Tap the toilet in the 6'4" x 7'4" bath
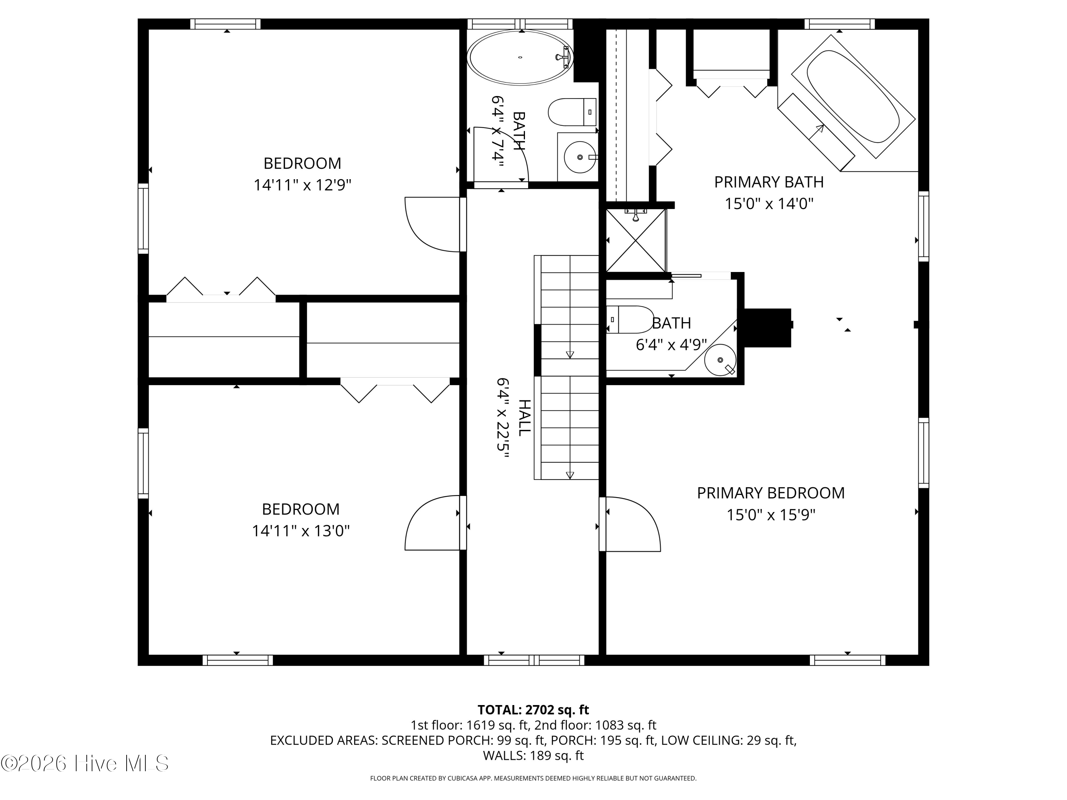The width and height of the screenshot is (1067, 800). tap(572, 112)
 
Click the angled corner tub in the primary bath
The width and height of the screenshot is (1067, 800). tap(853, 96)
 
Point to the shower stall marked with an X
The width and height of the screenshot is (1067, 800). tap(636, 240)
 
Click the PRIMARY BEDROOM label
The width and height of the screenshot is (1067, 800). tap(770, 493)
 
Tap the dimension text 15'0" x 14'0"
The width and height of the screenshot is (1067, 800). tap(769, 204)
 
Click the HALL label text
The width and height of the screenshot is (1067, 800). tap(524, 418)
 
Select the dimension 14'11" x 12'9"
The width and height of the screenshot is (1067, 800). tap(302, 185)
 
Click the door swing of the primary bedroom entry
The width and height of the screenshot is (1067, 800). tap(632, 523)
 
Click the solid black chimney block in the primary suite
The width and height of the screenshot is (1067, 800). tap(767, 327)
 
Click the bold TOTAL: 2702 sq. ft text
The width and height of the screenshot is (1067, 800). tap(533, 710)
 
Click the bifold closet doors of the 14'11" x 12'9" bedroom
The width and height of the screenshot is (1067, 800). tap(221, 289)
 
